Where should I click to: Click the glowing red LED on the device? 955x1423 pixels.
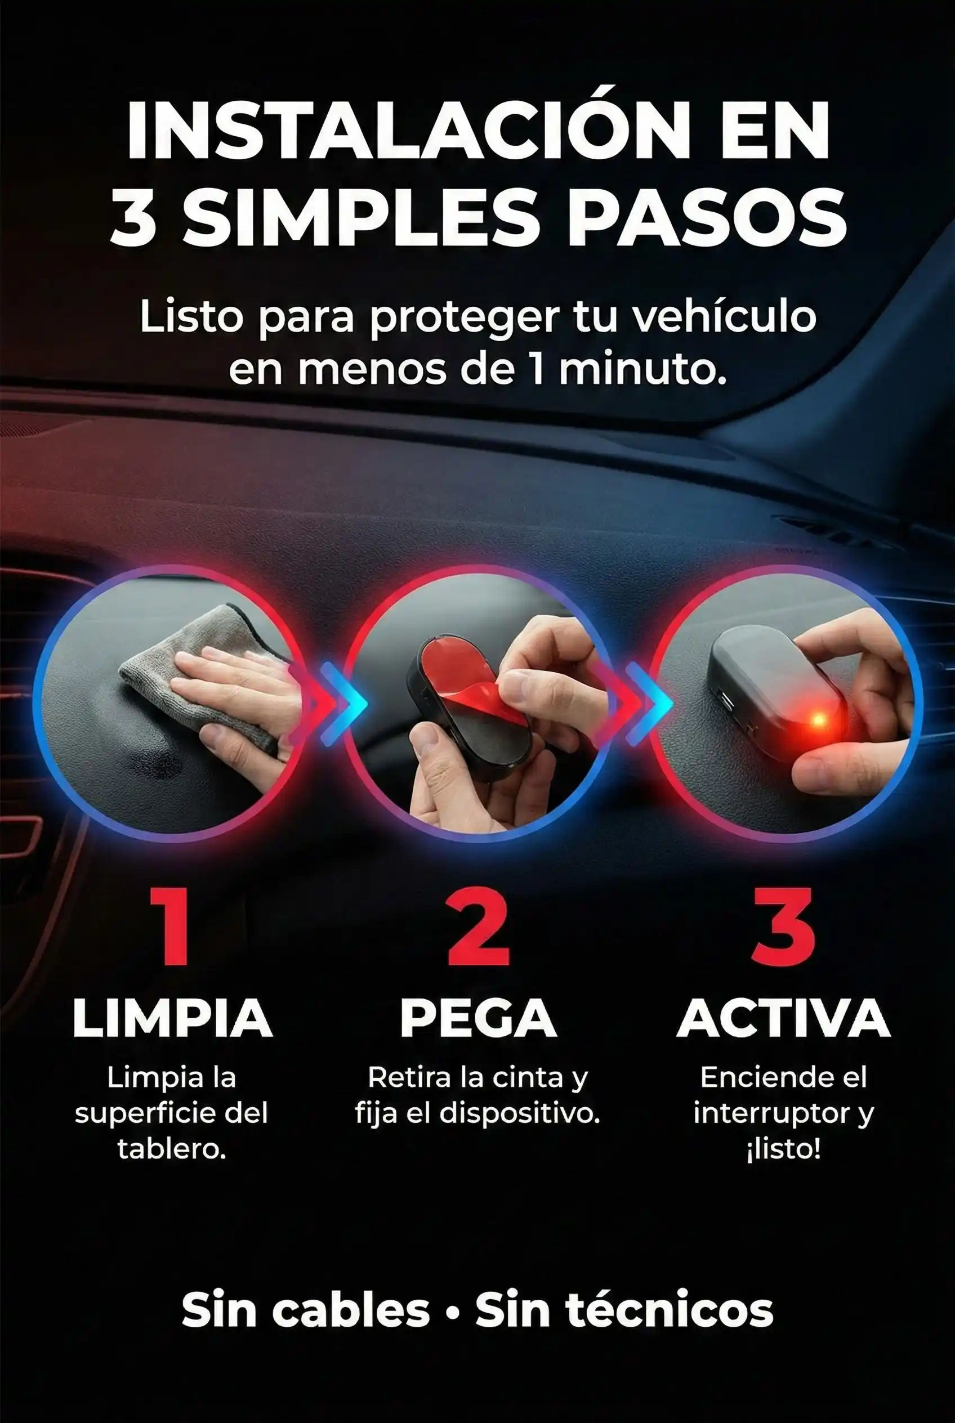point(819,721)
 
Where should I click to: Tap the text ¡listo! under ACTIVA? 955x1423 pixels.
point(783,1149)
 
